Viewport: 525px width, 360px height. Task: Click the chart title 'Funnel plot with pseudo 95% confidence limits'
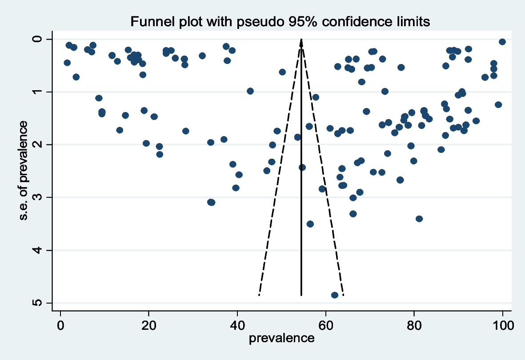tap(280, 22)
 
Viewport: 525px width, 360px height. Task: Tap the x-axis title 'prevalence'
tap(281, 338)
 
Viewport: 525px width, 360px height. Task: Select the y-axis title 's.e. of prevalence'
tap(24, 171)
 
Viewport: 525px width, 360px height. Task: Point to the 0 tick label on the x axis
tap(60, 325)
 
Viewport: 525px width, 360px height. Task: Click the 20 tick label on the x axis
tap(148, 325)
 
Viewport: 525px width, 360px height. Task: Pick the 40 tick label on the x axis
tap(237, 325)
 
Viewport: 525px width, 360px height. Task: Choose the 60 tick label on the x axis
tap(325, 325)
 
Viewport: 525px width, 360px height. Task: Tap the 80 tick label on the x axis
tap(414, 325)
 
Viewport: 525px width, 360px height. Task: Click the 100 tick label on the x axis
tap(503, 325)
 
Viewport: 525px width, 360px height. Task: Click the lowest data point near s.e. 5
tap(334, 295)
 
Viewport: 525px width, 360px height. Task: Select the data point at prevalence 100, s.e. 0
tap(502, 41)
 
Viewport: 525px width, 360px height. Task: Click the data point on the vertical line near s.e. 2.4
tap(302, 168)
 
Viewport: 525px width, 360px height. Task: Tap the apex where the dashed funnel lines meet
tap(301, 40)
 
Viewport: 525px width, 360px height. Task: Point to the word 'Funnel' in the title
tap(148, 22)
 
